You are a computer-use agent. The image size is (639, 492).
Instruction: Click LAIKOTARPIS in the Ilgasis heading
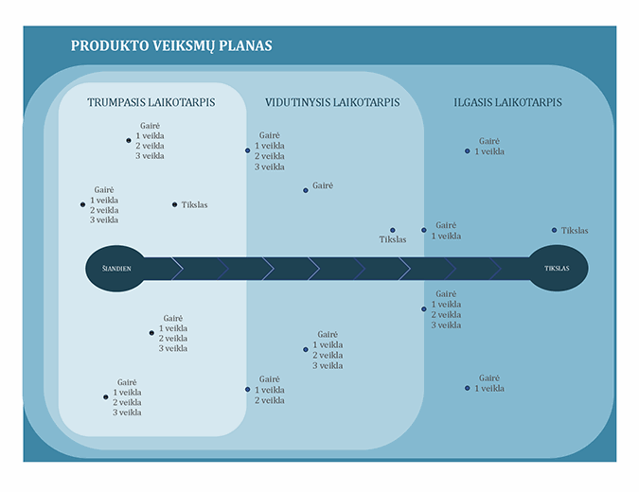click(528, 102)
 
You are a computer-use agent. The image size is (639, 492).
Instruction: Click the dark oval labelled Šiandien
click(116, 269)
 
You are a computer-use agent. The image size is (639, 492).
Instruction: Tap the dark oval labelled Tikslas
click(557, 269)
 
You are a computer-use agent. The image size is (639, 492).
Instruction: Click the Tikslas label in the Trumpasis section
click(195, 204)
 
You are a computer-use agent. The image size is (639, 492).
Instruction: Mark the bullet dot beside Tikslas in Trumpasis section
click(174, 204)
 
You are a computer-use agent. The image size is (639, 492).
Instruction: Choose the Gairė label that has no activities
click(323, 186)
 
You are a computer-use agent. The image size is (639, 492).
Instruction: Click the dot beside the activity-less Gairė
click(306, 190)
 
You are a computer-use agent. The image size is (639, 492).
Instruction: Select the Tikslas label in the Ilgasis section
click(575, 231)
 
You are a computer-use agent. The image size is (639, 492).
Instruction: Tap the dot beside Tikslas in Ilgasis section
click(555, 230)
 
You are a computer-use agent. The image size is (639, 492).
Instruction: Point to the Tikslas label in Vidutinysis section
click(393, 240)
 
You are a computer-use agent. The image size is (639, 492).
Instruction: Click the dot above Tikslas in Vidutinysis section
click(393, 230)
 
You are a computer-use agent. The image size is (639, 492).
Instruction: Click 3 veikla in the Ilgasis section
click(446, 325)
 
